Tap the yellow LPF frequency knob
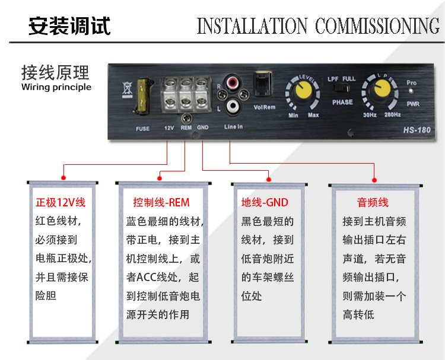[x=380, y=90]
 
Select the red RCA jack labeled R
[x=233, y=82]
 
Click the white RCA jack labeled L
[x=233, y=106]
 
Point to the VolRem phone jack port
[x=262, y=83]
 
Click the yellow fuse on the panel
[x=144, y=95]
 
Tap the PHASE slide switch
[x=341, y=88]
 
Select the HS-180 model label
[x=417, y=130]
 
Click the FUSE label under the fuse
[x=142, y=129]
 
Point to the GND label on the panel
[x=203, y=128]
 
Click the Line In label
[x=233, y=127]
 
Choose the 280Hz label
[x=393, y=114]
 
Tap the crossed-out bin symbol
[x=127, y=89]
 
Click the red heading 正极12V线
[x=61, y=203]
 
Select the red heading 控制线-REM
[x=161, y=203]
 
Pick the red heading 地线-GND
[x=265, y=203]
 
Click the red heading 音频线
[x=373, y=203]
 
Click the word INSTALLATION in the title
[x=252, y=26]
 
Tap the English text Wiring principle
[x=56, y=87]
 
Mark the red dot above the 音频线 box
[x=374, y=180]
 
